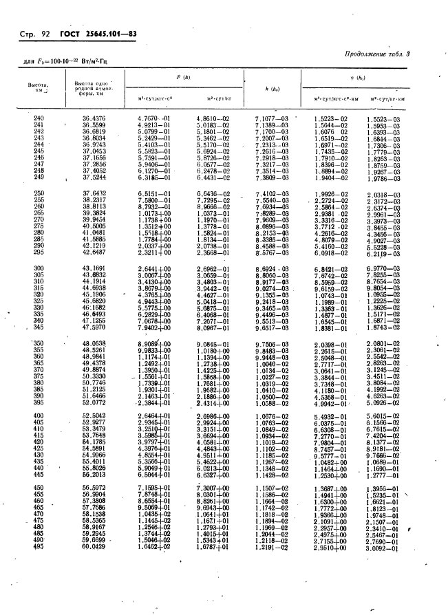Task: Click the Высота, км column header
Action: click(36, 88)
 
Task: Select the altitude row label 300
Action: click(39, 268)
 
